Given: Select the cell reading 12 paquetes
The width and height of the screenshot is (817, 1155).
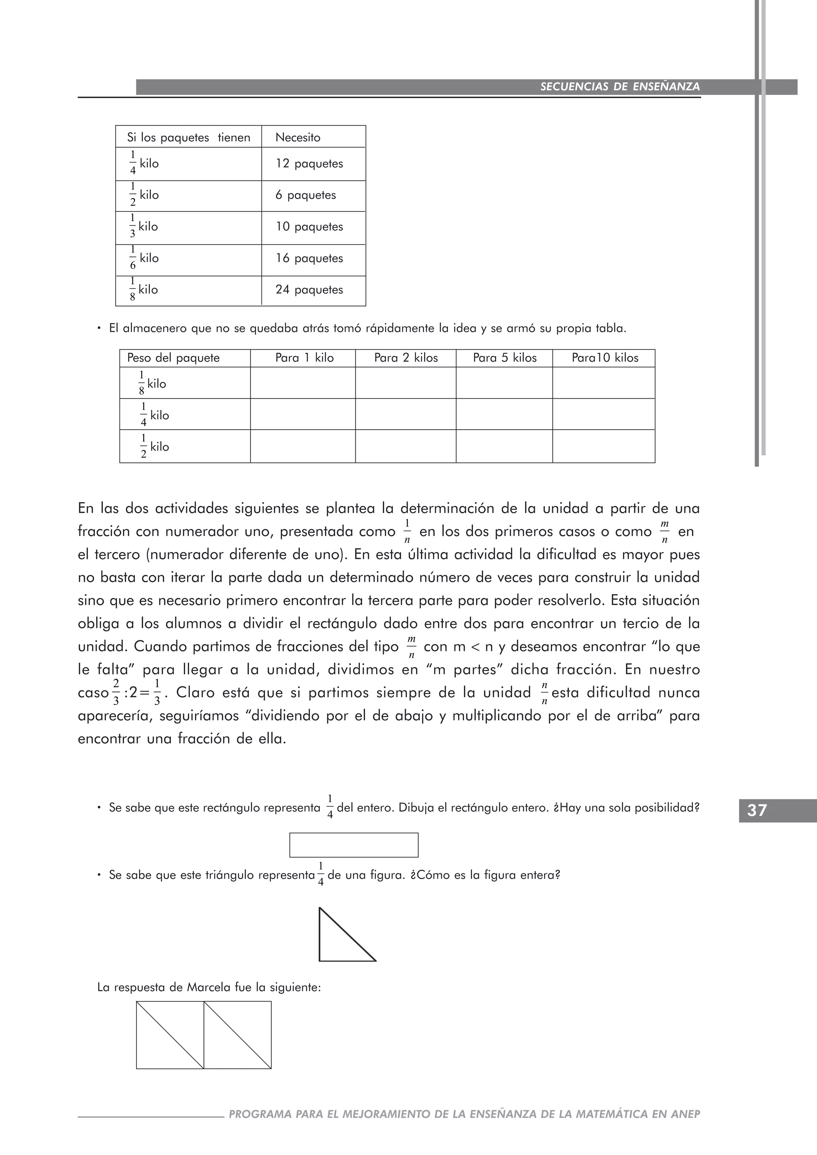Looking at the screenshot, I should click(309, 164).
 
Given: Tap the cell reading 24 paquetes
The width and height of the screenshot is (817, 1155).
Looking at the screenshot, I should click(309, 290).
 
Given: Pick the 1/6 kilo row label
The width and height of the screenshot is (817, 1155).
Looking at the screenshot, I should click(144, 258).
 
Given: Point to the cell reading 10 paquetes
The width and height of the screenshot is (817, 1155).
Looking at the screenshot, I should click(309, 227).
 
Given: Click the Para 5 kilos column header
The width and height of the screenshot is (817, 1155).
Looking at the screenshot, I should click(504, 358).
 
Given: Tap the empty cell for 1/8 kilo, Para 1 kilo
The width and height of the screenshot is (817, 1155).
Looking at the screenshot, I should click(303, 383).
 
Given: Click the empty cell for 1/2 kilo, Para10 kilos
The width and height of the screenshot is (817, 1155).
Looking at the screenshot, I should click(603, 446).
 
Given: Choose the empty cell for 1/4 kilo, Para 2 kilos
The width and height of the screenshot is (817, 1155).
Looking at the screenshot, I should click(405, 414).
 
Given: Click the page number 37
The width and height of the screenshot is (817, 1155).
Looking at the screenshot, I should click(757, 810).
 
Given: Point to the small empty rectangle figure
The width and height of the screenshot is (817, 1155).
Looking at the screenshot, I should click(354, 845).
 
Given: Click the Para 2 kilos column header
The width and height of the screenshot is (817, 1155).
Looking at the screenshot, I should click(405, 358).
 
